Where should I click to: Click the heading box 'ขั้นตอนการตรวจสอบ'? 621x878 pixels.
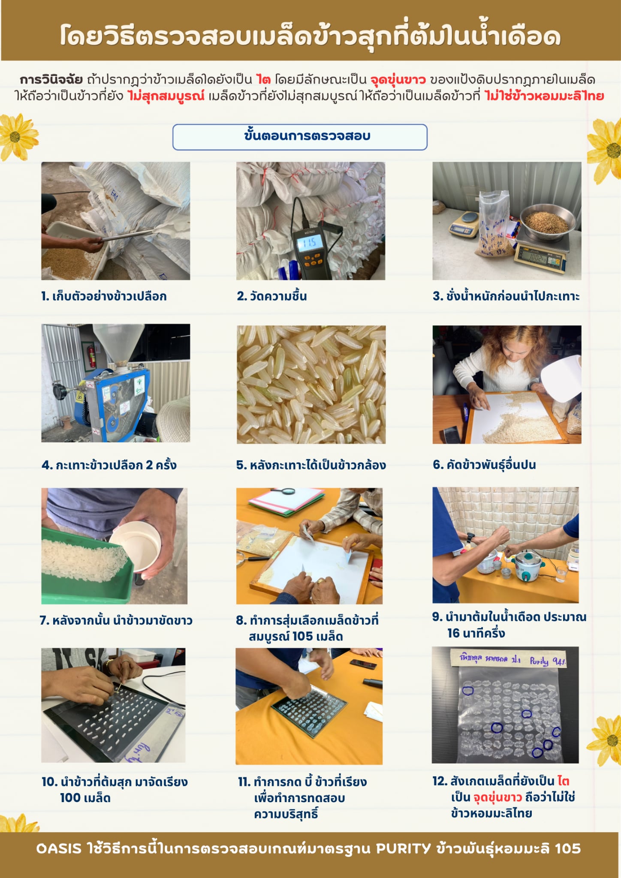coord(300,137)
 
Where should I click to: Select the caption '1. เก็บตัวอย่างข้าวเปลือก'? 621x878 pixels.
coord(104,296)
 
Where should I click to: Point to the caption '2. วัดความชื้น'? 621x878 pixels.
coord(272,296)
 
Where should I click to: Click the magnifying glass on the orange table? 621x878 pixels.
coord(279,492)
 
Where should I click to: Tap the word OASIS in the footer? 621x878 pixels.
coord(59,848)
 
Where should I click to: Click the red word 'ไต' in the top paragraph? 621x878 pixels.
coord(263,80)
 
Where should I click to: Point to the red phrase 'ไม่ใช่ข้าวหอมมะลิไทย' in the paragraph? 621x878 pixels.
coord(544,96)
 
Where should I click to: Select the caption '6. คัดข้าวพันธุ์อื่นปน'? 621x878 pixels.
coord(484,465)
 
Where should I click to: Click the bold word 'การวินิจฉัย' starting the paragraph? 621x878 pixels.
coord(51,80)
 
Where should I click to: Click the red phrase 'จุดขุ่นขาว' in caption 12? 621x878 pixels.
coord(497,797)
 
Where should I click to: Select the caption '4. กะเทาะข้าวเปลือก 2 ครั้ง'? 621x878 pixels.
coord(109,465)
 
